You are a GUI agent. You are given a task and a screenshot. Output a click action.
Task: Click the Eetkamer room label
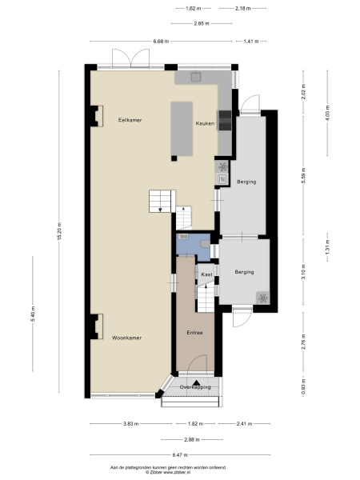pyautogui.click(x=130, y=119)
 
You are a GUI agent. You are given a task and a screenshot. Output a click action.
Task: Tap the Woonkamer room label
pyautogui.click(x=127, y=338)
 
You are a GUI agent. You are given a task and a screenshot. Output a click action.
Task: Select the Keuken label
pyautogui.click(x=205, y=123)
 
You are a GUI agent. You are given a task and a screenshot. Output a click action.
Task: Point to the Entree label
pyautogui.click(x=194, y=333)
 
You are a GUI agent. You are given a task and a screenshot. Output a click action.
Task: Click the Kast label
pyautogui.click(x=206, y=274)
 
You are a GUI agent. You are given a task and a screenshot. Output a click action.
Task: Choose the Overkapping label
pyautogui.click(x=195, y=387)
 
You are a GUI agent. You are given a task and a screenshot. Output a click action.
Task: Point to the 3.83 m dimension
pyautogui.click(x=130, y=423)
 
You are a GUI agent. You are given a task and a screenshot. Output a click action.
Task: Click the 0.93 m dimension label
pyautogui.click(x=303, y=389)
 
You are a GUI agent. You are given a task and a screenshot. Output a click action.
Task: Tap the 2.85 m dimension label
pyautogui.click(x=202, y=23)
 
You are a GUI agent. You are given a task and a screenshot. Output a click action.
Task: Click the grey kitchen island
pyautogui.click(x=182, y=129)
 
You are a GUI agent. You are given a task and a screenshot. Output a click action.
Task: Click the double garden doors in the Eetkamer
pyautogui.click(x=130, y=59)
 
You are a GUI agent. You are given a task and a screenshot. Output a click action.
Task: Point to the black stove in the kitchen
pyautogui.click(x=225, y=120)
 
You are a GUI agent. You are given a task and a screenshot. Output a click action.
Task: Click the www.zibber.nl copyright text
pyautogui.click(x=180, y=472)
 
